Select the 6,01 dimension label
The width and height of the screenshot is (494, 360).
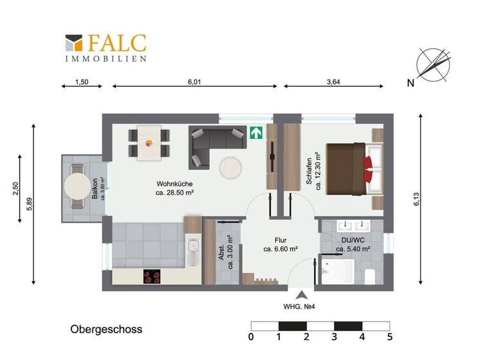click(x=194, y=82)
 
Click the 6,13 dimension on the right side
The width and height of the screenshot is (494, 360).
click(x=417, y=199)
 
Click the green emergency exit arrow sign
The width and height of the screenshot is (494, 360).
click(x=257, y=133)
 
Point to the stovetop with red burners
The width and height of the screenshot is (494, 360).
click(x=152, y=277)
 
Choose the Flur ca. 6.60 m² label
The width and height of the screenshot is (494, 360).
click(x=279, y=244)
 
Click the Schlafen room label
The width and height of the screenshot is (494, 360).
click(x=313, y=171)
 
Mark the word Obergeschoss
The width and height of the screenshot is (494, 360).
click(x=106, y=329)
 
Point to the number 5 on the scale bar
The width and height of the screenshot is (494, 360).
click(x=389, y=337)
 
